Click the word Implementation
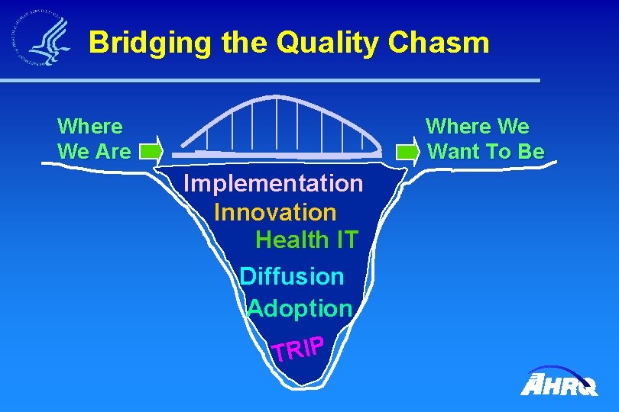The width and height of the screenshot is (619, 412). pos(274,183)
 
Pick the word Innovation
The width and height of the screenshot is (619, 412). pos(275,211)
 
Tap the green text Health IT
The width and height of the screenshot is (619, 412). pos(306,240)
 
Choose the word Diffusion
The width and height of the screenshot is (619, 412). pos(292,275)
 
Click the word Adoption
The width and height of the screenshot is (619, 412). pos(300,308)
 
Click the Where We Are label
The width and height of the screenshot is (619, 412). pos(94,139)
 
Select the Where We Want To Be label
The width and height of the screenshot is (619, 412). pos(485,139)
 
